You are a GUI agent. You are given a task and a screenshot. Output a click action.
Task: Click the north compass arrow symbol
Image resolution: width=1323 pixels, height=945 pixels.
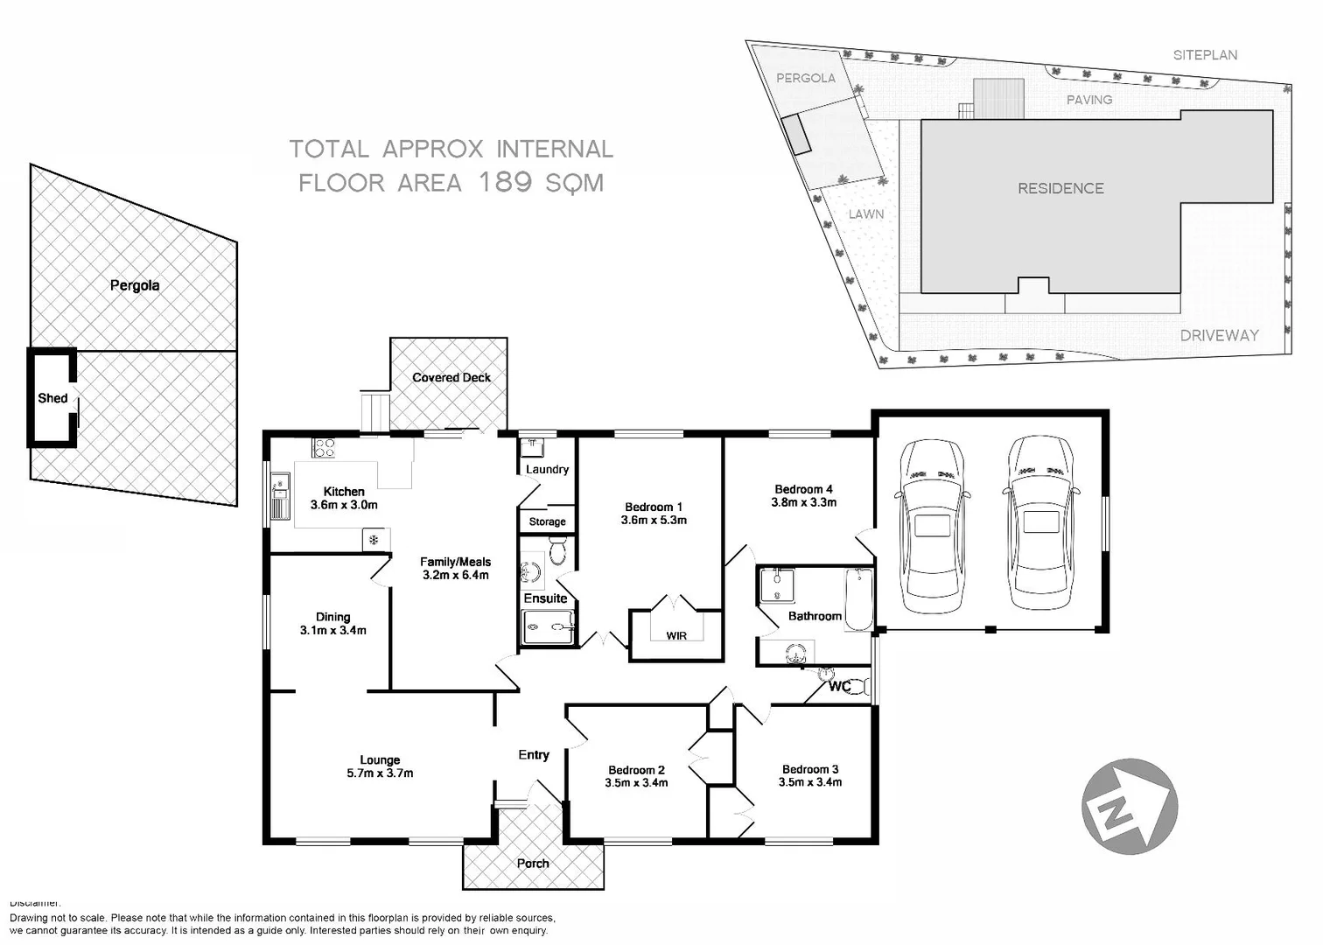[1129, 806]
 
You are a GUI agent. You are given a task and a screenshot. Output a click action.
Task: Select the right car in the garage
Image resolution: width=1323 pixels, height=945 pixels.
[1039, 523]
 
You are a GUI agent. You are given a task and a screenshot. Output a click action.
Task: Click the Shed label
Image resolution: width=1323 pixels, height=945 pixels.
[52, 398]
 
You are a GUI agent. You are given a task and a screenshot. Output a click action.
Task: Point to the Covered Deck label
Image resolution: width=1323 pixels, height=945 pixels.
[451, 378]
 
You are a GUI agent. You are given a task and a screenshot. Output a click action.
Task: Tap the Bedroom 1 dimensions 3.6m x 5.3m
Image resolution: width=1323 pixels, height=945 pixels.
[654, 520]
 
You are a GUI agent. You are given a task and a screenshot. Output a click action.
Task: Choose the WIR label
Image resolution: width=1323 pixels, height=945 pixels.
[676, 635]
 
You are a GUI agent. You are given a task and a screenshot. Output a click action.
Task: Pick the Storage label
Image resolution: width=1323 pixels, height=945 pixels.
[547, 521]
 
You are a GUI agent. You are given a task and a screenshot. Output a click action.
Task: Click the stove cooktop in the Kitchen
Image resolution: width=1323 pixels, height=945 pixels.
[324, 448]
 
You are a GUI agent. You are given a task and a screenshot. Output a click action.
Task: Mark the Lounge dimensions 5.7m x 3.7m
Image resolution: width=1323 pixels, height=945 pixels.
[380, 773]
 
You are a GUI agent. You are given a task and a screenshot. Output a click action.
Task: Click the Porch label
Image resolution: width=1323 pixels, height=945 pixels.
[533, 864]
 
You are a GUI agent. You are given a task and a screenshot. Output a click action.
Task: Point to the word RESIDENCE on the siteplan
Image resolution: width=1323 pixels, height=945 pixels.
[1060, 188]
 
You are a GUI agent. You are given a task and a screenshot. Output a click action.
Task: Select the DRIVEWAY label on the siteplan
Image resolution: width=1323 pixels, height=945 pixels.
[1219, 335]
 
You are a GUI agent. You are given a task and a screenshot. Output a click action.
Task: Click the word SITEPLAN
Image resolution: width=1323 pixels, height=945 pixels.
[1205, 55]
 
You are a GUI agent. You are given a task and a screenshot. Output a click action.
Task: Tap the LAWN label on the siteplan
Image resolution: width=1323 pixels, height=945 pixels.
[865, 214]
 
